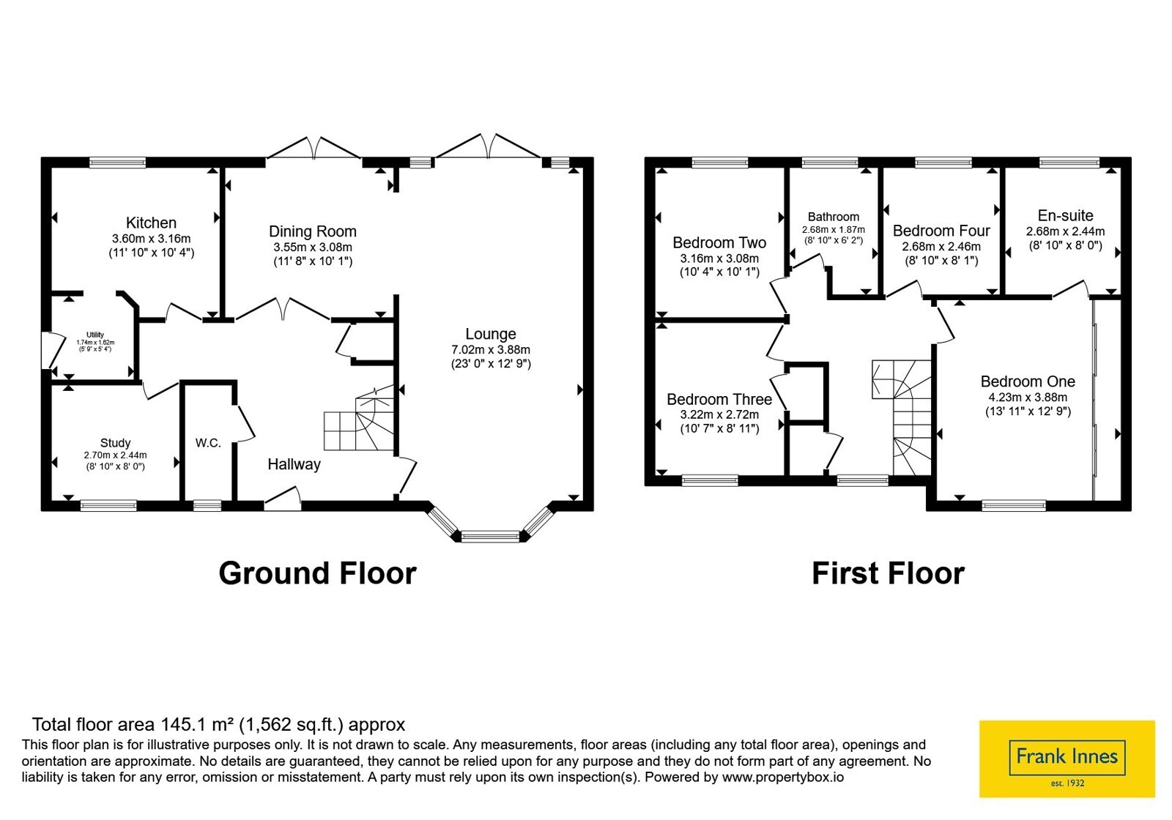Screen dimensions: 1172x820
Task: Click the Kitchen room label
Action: point(151,223)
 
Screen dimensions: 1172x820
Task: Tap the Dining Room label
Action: point(312,231)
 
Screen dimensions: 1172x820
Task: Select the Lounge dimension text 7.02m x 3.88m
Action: point(491,349)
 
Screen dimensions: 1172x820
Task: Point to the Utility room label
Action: point(95,335)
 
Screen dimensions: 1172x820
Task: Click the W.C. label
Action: point(208,444)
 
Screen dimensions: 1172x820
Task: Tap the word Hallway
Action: point(294,464)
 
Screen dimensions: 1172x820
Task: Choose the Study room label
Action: point(115,444)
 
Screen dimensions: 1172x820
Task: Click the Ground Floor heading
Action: point(317,573)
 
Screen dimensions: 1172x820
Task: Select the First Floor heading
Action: point(889,573)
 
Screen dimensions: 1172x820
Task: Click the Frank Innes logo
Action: point(1067,758)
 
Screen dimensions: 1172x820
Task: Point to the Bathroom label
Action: point(834,217)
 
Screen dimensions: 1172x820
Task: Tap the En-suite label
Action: point(1066,216)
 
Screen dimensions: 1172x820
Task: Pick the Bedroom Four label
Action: point(941,231)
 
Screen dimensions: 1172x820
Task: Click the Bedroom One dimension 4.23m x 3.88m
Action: point(1028,397)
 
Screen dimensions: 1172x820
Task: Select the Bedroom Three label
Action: point(719,400)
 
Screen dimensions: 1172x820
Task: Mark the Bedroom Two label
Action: point(719,243)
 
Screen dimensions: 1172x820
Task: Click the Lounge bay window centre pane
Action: point(490,536)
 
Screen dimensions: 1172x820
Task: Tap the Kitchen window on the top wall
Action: point(118,163)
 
